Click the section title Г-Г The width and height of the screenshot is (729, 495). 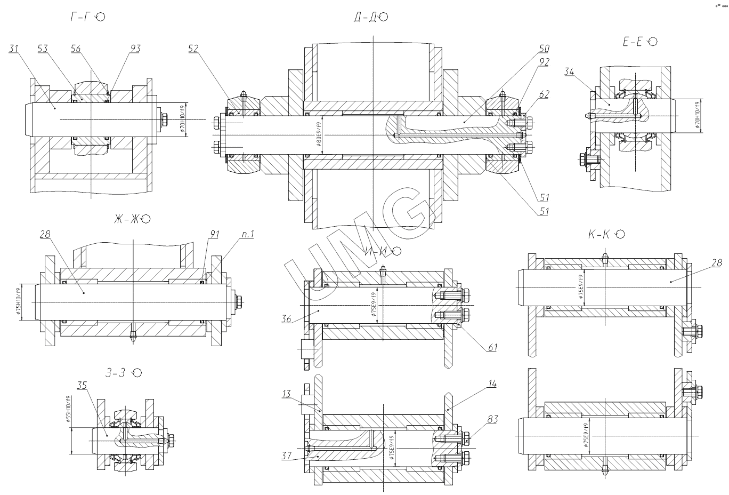[x=82, y=17]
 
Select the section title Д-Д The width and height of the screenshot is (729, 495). [x=365, y=17]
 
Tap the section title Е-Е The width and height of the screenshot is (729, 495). [x=634, y=42]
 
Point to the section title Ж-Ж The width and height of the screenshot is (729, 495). [x=125, y=219]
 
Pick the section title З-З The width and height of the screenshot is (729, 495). [x=115, y=373]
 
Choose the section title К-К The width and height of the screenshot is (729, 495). [x=599, y=234]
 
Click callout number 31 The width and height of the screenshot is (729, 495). [x=14, y=49]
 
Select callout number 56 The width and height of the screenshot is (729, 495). [x=76, y=49]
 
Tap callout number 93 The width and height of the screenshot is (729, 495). [x=135, y=49]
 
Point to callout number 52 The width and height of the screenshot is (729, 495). [x=193, y=49]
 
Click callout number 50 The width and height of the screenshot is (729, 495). [x=544, y=49]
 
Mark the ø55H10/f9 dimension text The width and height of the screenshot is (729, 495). [x=68, y=409]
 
